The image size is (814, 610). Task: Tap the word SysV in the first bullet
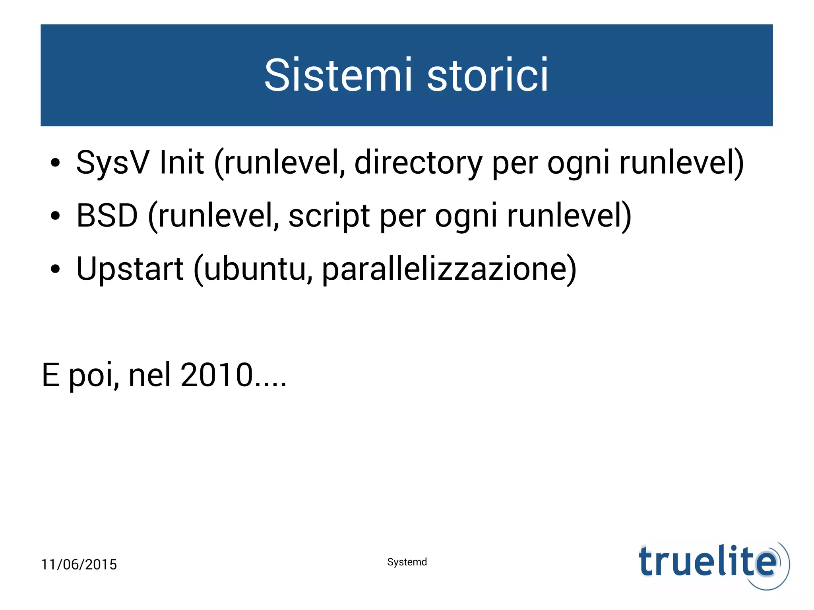pyautogui.click(x=112, y=163)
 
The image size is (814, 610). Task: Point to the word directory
pyautogui.click(x=418, y=163)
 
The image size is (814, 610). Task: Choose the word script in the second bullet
pyautogui.click(x=329, y=216)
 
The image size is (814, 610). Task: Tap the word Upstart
pyautogui.click(x=130, y=269)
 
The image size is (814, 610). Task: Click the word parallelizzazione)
pyautogui.click(x=449, y=269)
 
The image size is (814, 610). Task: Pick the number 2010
pyautogui.click(x=217, y=375)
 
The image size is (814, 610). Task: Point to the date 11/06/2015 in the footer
pyautogui.click(x=79, y=564)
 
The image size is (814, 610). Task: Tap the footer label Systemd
pyautogui.click(x=407, y=562)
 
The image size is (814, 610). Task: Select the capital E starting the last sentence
pyautogui.click(x=50, y=375)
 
